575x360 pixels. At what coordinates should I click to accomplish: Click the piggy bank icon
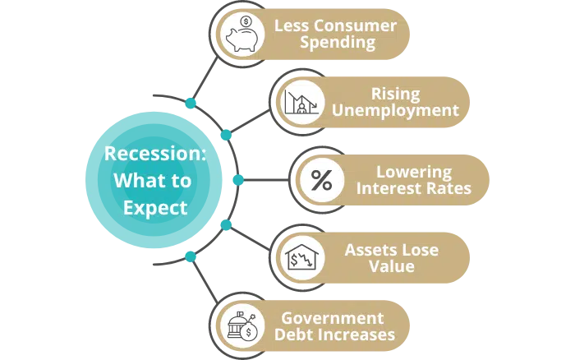243,34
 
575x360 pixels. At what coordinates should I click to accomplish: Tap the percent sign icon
322,180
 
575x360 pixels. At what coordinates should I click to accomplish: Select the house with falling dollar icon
301,257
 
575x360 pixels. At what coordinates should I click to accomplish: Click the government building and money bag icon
243,326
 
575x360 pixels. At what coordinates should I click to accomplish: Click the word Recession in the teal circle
155,153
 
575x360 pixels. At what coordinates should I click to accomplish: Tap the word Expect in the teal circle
155,208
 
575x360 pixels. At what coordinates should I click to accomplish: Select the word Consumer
356,25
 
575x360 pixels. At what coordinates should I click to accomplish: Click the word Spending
338,43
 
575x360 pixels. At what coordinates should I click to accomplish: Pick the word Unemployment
395,110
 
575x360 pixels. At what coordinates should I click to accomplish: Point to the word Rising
395,94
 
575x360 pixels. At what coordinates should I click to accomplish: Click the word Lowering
414,172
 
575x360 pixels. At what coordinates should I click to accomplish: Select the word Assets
368,250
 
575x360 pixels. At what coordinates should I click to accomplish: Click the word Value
392,266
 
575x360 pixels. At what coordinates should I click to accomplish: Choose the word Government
333,318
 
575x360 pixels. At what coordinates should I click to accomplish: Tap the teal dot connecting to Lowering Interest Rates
238,180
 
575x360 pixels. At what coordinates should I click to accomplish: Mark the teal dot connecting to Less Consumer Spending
191,103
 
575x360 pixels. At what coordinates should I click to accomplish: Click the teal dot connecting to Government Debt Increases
191,256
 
